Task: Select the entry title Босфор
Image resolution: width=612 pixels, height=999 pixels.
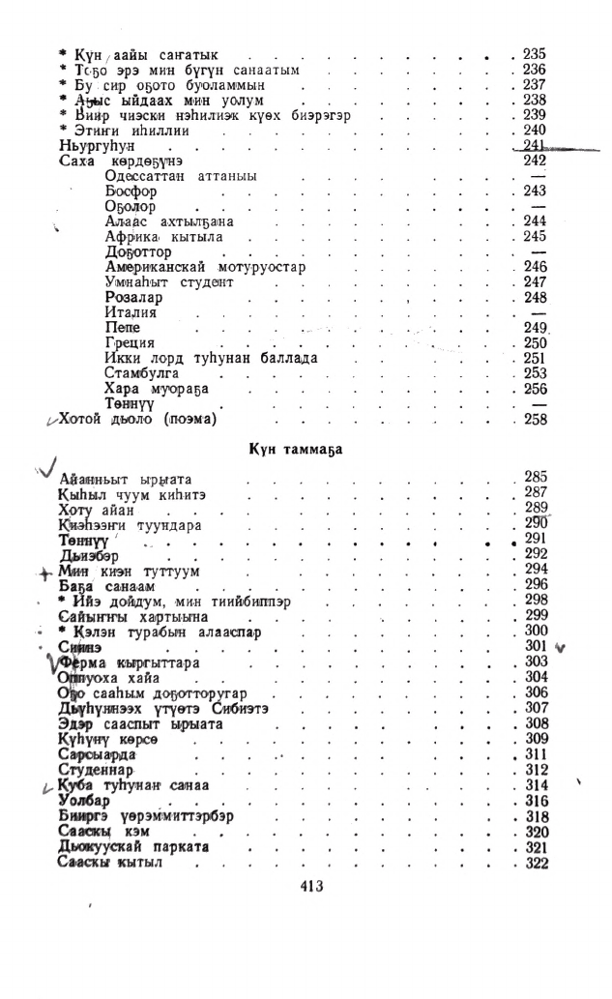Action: tap(131, 191)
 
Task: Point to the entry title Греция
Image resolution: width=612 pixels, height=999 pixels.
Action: tap(130, 343)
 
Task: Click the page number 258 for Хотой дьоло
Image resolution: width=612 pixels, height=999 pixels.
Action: tap(535, 420)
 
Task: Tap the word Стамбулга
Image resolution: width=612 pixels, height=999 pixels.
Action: tap(142, 373)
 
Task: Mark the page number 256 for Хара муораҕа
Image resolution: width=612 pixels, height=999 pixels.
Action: tap(535, 389)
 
